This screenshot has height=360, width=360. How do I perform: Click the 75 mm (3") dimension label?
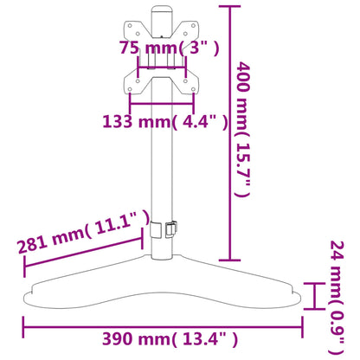[x=170, y=48]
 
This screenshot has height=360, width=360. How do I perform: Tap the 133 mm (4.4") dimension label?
[x=165, y=121]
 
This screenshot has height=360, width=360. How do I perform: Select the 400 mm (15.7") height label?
[x=242, y=129]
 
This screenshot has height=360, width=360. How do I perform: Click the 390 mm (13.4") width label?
[x=170, y=339]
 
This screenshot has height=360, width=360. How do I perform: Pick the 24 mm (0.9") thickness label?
[x=337, y=298]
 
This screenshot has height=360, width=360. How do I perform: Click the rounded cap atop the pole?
[x=162, y=10]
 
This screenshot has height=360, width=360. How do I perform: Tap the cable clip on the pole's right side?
[x=170, y=229]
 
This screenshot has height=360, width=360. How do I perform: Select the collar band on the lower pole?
[x=157, y=229]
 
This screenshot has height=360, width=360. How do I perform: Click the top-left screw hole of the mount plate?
[x=130, y=26]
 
